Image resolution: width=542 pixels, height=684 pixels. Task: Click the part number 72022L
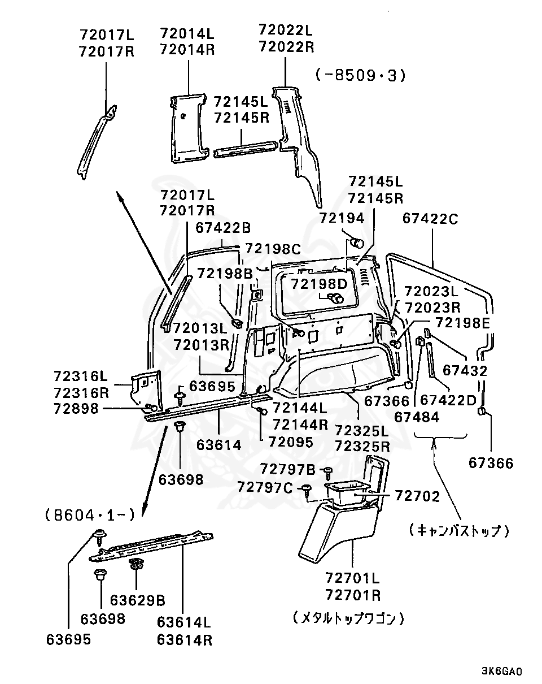coord(286,30)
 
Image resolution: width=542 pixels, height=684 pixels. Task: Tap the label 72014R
coord(187,50)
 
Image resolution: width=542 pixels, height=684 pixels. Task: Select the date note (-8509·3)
coord(360,76)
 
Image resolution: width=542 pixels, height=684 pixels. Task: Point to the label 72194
coord(342,218)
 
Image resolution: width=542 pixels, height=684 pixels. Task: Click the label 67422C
coord(430,219)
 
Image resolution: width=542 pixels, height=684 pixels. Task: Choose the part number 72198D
coord(320,284)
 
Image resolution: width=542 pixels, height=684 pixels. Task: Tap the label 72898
coord(76,409)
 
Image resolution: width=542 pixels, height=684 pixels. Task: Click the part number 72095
coord(291,442)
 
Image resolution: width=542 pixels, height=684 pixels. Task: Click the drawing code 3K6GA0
coord(502,672)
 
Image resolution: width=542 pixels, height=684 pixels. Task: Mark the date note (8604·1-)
coord(90,515)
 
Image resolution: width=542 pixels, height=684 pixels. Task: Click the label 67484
coord(417,417)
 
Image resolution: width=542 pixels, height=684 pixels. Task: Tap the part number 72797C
coord(265,488)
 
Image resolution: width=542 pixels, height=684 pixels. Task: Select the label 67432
coord(465,371)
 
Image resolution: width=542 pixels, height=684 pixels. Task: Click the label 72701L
coord(352,578)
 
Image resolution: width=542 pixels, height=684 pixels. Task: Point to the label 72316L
coord(81,376)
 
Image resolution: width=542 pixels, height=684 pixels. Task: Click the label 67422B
coord(223,228)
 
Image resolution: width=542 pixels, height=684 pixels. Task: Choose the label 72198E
coord(462,323)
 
